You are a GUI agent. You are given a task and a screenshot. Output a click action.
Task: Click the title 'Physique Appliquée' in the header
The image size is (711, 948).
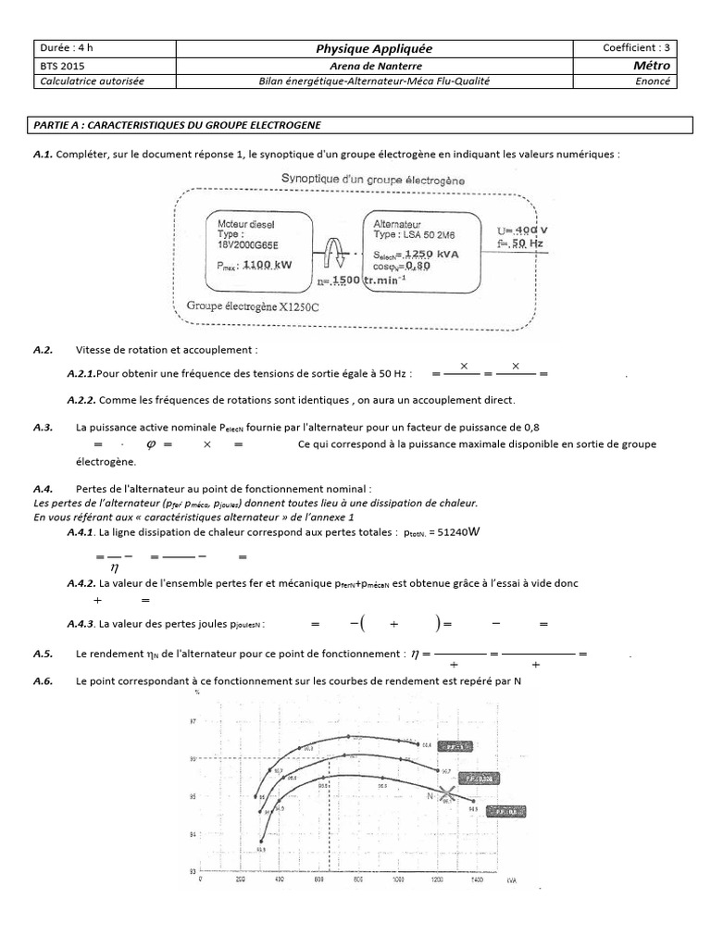[374, 48]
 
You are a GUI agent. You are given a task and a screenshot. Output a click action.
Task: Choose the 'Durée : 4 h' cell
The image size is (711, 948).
[67, 48]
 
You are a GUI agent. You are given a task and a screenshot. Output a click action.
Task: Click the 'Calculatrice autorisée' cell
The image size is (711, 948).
[92, 81]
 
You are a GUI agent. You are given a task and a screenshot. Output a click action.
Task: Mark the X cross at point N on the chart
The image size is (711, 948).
[447, 793]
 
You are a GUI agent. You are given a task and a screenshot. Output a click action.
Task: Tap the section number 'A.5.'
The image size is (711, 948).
[42, 654]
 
